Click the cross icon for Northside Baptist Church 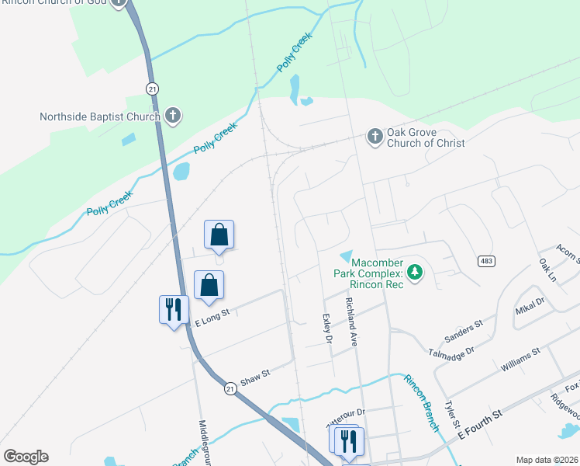tap(173, 117)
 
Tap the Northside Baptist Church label tap(100, 117)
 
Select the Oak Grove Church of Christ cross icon tap(375, 137)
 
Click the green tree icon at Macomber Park tap(416, 272)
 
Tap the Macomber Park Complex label tap(368, 273)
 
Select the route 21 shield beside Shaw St tap(230, 387)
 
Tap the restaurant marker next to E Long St tap(172, 310)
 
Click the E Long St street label tap(214, 314)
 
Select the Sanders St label tap(464, 330)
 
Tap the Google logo tap(26, 457)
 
